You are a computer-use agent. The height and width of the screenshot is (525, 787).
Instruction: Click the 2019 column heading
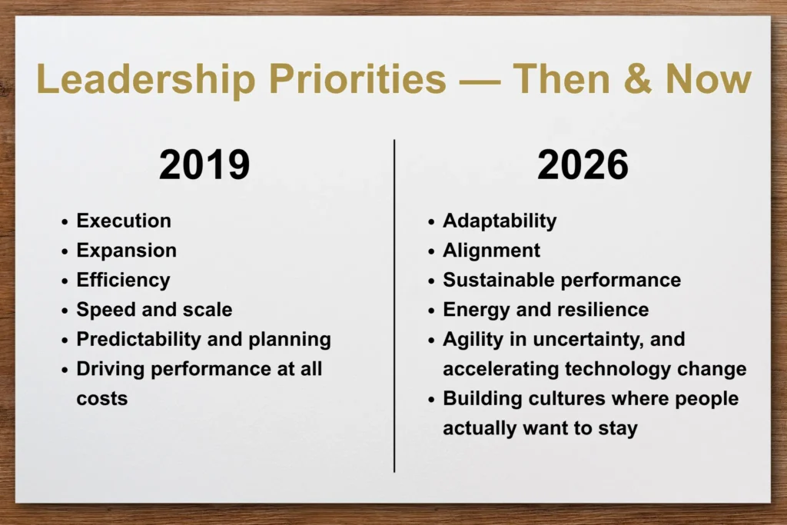point(204,164)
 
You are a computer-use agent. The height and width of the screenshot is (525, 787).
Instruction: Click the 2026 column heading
point(583,164)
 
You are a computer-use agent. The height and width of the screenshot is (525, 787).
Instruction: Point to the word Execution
point(124,221)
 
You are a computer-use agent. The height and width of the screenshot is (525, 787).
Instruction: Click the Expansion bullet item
point(126,251)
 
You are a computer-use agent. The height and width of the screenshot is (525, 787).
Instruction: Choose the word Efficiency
point(123,280)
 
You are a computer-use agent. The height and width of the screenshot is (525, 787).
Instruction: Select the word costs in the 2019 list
point(101,398)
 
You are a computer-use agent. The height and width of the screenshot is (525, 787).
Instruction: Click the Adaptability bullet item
point(500,221)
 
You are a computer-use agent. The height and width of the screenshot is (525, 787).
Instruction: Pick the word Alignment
point(491,251)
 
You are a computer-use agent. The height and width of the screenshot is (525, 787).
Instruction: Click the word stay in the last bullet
point(620,428)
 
